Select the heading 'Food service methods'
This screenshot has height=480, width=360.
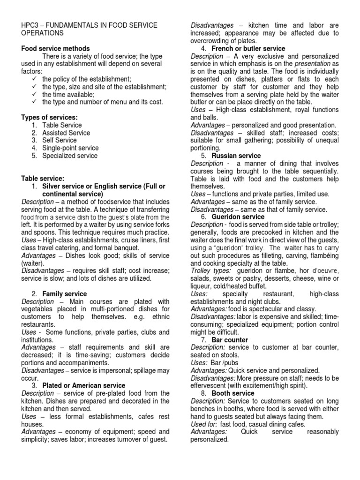(56, 49)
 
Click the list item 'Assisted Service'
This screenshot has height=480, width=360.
(66, 133)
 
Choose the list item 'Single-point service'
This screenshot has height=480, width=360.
(70, 148)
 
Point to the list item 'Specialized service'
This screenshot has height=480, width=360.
(70, 156)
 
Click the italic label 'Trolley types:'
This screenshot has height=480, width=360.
(210, 271)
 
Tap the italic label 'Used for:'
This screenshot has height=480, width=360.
(204, 424)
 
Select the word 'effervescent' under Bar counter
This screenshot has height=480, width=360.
(210, 385)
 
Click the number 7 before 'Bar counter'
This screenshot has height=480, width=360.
(203, 339)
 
